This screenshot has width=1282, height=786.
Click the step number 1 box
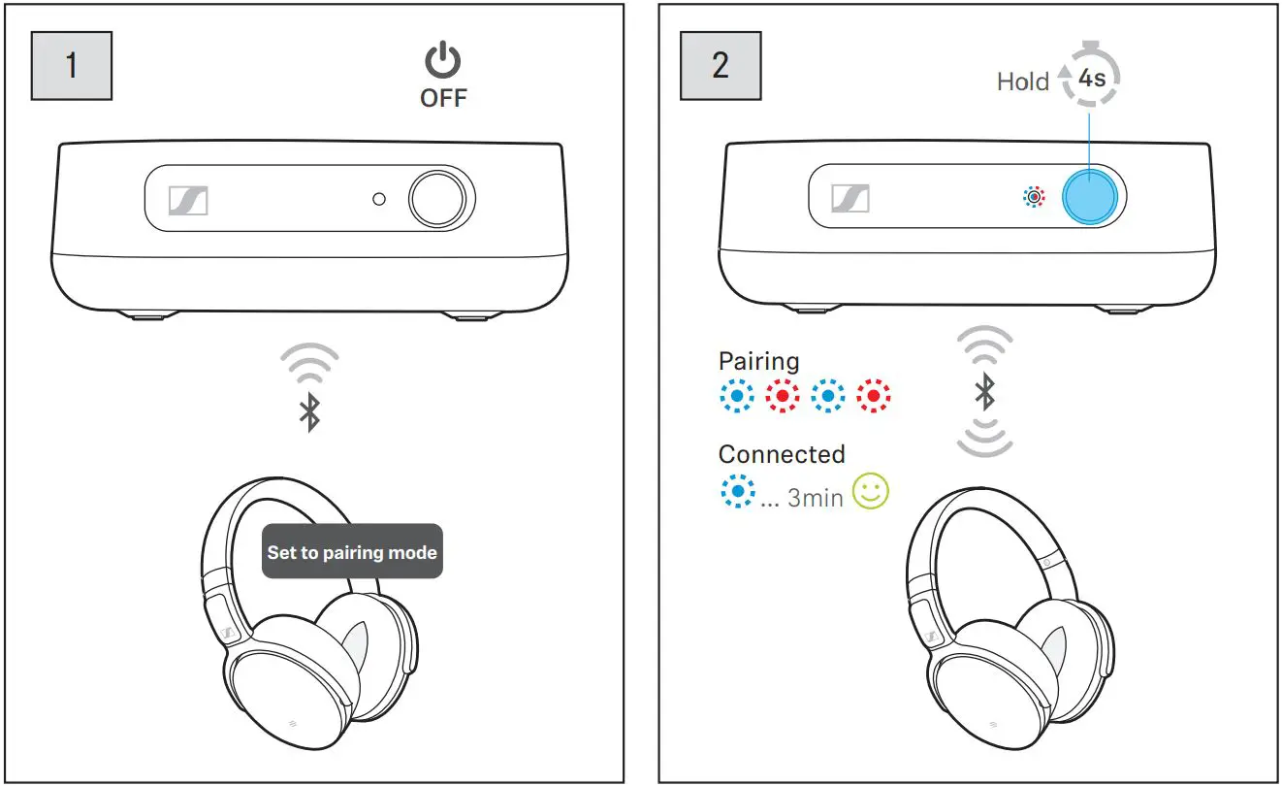(71, 65)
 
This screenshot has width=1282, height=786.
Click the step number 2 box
(720, 65)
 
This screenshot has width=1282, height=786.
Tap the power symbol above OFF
(443, 62)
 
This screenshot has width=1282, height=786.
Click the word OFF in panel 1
(443, 98)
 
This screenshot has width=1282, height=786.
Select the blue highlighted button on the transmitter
(1091, 198)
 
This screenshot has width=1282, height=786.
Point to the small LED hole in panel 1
(379, 199)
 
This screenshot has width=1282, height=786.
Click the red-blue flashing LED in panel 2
(1035, 198)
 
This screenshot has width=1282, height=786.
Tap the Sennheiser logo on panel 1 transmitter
(188, 201)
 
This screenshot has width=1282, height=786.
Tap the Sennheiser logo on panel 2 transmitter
(850, 199)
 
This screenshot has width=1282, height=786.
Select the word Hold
(1022, 82)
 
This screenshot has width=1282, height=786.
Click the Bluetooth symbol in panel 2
(984, 392)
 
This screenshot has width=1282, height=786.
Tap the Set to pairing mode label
(352, 552)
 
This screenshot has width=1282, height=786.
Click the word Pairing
(758, 361)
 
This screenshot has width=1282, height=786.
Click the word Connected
(781, 454)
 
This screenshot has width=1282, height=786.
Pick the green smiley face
(870, 493)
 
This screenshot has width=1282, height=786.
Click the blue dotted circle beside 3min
(737, 492)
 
